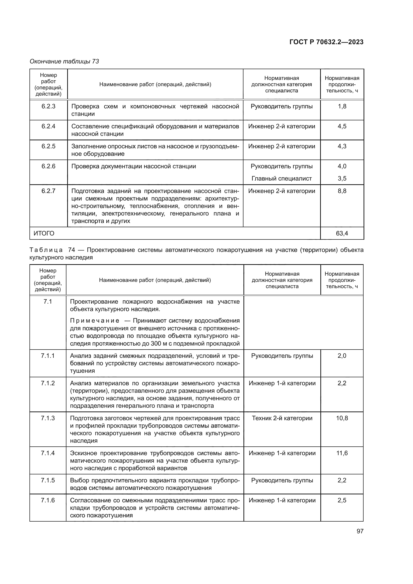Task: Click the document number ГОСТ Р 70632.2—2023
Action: (x=326, y=42)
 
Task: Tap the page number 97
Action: (x=360, y=531)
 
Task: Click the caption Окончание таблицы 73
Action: (x=64, y=61)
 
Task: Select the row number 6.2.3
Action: (x=48, y=106)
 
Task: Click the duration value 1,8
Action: (x=342, y=106)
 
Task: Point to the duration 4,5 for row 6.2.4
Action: (x=342, y=126)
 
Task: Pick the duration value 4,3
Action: (x=342, y=146)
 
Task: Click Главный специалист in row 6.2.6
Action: (x=281, y=179)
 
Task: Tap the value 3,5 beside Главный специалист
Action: (x=342, y=179)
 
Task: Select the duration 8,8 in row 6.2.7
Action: (x=342, y=191)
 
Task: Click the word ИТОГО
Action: (x=44, y=233)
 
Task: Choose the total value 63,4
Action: (x=342, y=233)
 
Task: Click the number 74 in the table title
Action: (x=71, y=250)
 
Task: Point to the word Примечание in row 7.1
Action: (x=95, y=321)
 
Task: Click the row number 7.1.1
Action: (x=48, y=356)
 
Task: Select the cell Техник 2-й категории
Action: (x=282, y=418)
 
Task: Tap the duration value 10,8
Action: (x=342, y=418)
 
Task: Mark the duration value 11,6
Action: (x=342, y=453)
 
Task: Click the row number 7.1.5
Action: (x=48, y=480)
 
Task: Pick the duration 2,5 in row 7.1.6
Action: (x=342, y=500)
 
